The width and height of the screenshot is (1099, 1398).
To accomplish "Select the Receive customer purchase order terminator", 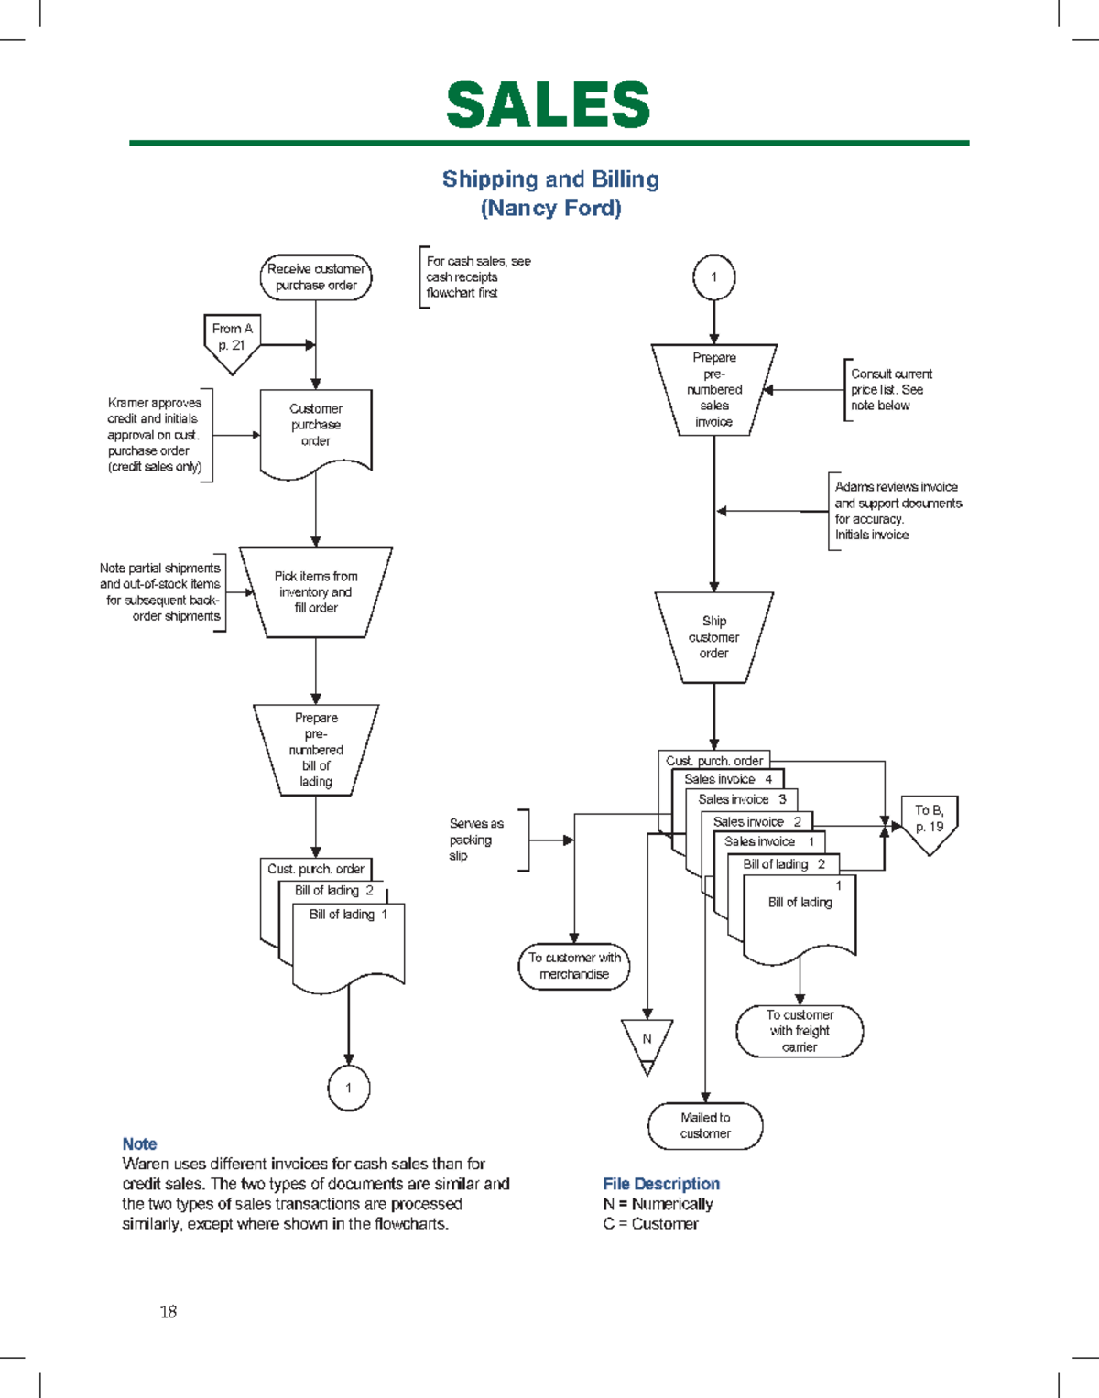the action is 316,277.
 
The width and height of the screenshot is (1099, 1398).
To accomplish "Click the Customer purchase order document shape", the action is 316,427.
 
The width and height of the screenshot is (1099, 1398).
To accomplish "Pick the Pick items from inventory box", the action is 316,592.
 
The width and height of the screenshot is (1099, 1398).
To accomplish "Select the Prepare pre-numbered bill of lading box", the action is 316,750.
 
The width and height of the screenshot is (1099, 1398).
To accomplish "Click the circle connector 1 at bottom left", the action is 348,1088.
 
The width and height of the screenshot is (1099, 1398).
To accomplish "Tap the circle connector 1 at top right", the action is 713,276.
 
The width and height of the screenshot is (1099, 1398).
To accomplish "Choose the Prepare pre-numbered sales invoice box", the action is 714,390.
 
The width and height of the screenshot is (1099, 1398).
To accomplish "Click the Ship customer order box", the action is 714,637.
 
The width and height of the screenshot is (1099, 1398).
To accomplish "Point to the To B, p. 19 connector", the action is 929,821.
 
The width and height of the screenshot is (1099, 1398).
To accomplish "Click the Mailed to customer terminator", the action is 705,1125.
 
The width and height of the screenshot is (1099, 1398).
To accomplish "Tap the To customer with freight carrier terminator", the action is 800,1031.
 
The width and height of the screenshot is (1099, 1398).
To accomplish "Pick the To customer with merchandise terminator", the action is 574,966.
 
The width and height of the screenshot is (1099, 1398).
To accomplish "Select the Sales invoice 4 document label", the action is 728,779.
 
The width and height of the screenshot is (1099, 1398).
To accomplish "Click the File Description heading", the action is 660,1184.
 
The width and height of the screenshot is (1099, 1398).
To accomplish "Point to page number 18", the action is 169,1311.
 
